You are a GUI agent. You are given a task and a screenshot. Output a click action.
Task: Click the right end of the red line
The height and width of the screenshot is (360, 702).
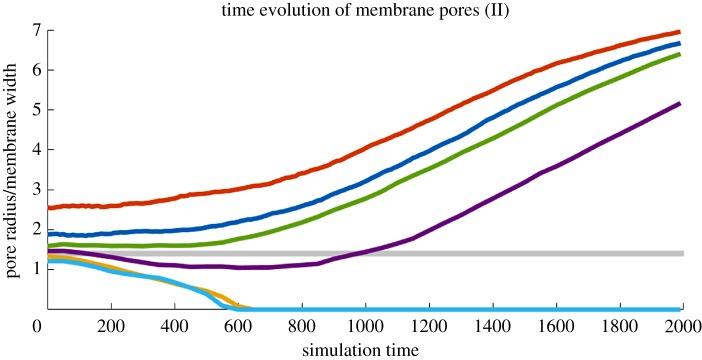pos(679,32)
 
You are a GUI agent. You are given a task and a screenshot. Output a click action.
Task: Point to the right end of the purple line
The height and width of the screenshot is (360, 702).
pos(679,104)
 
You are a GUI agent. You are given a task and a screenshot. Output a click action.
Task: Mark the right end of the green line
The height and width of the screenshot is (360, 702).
pos(679,54)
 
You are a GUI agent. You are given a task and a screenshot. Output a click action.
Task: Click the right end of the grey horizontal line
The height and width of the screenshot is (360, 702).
pos(681,254)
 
